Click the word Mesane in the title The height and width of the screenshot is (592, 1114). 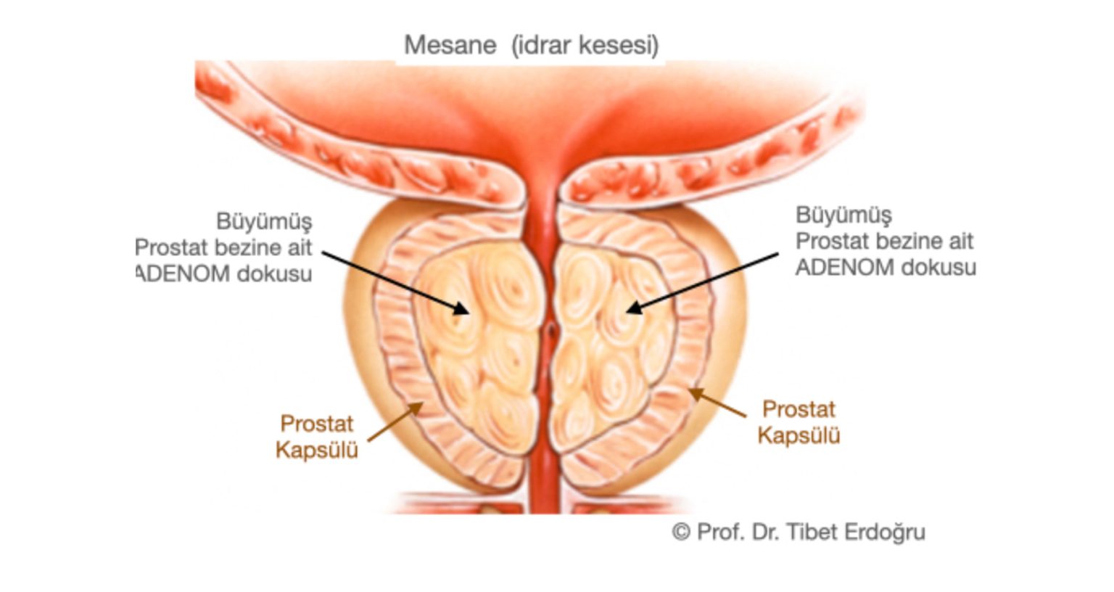pos(450,46)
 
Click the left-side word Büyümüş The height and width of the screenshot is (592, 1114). pos(264,222)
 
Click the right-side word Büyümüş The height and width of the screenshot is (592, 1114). pos(844,215)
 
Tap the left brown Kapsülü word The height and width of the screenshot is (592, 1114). pos(317,451)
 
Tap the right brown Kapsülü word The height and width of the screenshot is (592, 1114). pos(799,436)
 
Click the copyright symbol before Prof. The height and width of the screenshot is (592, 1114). pos(681,532)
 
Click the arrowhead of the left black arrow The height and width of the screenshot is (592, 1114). pos(461,310)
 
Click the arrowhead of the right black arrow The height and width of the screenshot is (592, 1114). pos(634,308)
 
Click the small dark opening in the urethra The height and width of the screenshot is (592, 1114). pos(550,330)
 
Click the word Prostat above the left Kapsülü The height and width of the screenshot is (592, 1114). pos(317,424)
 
